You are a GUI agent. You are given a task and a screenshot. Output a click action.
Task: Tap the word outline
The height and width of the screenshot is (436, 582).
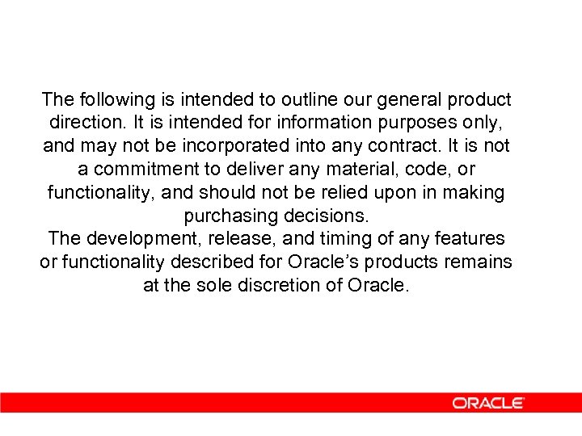pos(312,100)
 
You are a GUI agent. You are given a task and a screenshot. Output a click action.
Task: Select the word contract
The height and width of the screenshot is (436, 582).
pos(384,147)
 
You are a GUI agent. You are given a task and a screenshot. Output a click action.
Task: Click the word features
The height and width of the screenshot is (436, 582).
pos(470,240)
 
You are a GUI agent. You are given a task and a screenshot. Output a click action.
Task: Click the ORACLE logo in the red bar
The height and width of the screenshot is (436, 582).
pos(488,403)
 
